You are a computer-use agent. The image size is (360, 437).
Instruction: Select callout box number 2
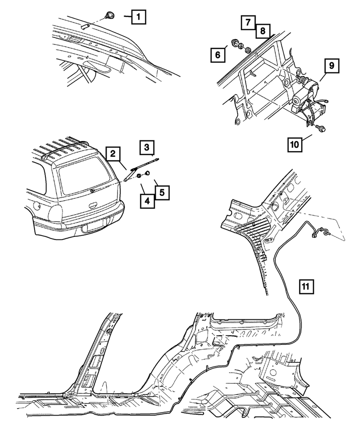pos(113,153)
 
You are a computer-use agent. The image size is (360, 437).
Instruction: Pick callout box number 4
pos(147,202)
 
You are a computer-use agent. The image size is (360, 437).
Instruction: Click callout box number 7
pos(247,21)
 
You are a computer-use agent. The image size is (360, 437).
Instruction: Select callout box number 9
pos(332,66)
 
